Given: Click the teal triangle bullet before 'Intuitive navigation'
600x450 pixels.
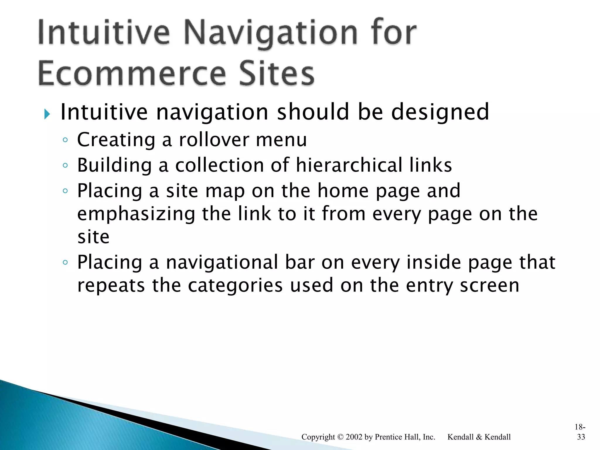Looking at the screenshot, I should click(x=47, y=114).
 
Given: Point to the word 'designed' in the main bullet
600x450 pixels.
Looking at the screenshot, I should click(x=440, y=112).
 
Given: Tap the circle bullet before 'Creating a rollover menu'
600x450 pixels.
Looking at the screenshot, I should click(x=65, y=140).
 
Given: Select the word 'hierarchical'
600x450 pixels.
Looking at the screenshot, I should click(x=349, y=165).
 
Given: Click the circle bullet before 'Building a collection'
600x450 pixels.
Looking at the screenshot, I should click(x=65, y=166).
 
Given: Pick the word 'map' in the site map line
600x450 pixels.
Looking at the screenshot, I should click(x=225, y=191).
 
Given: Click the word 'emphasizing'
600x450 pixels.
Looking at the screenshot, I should click(x=136, y=214).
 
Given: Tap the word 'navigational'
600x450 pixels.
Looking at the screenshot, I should click(x=222, y=262).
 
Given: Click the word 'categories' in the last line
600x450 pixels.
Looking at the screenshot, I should click(x=235, y=285).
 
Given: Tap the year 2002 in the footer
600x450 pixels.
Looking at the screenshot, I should click(x=354, y=437).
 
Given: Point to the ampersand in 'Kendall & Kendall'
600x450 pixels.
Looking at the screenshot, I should click(x=479, y=437).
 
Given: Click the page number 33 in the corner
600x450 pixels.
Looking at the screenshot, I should click(x=581, y=437).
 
